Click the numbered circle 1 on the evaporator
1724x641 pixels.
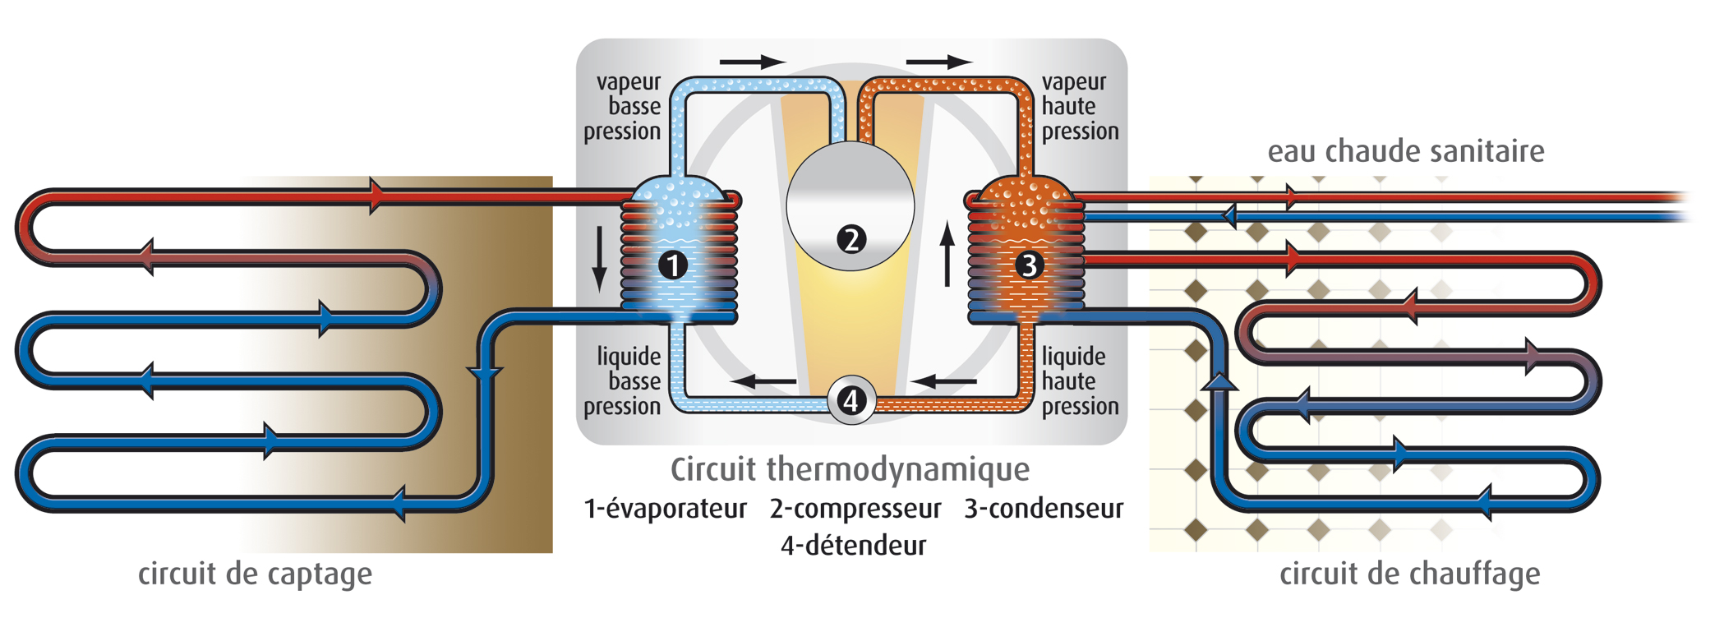click(x=673, y=265)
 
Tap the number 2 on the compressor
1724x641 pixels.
click(x=851, y=239)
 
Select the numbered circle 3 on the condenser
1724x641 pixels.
click(x=1028, y=265)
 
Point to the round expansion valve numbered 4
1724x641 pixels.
click(x=851, y=401)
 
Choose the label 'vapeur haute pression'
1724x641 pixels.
click(x=1080, y=107)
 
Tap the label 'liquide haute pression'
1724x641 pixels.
click(x=1080, y=381)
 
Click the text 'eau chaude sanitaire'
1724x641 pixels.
click(x=1405, y=151)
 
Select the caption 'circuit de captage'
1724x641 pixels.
click(x=255, y=574)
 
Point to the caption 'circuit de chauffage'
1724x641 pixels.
click(x=1409, y=574)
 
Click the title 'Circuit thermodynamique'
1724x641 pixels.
click(x=850, y=469)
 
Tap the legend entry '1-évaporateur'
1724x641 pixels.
click(x=665, y=509)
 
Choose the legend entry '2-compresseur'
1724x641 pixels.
click(x=855, y=509)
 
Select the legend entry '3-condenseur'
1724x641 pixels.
click(x=1044, y=509)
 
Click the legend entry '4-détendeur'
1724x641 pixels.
click(x=853, y=545)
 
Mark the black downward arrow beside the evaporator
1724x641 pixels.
click(x=600, y=258)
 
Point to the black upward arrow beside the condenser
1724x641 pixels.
click(x=947, y=253)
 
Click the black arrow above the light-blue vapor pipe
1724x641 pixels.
click(x=752, y=62)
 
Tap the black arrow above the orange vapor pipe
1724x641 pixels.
click(x=938, y=62)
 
